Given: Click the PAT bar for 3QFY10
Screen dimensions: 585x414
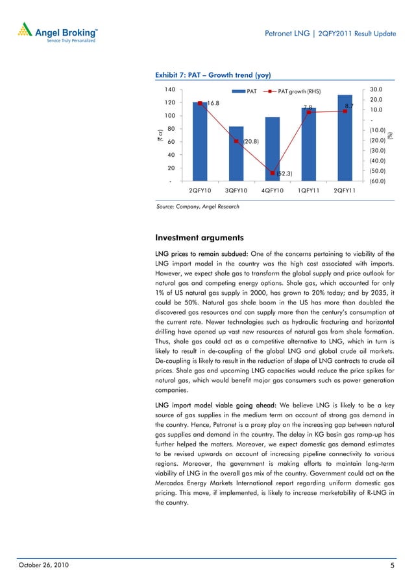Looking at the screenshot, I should [x=236, y=154].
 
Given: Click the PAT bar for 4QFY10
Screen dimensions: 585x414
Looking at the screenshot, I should [x=273, y=150].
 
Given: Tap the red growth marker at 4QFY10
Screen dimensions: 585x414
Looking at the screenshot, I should [x=273, y=173].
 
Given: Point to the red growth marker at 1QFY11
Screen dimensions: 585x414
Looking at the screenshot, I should [x=309, y=112].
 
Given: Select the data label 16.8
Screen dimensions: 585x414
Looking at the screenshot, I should [x=213, y=103].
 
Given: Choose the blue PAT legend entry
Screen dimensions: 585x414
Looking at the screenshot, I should [x=247, y=91].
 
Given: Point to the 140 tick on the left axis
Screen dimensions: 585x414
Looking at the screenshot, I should [x=170, y=89].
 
